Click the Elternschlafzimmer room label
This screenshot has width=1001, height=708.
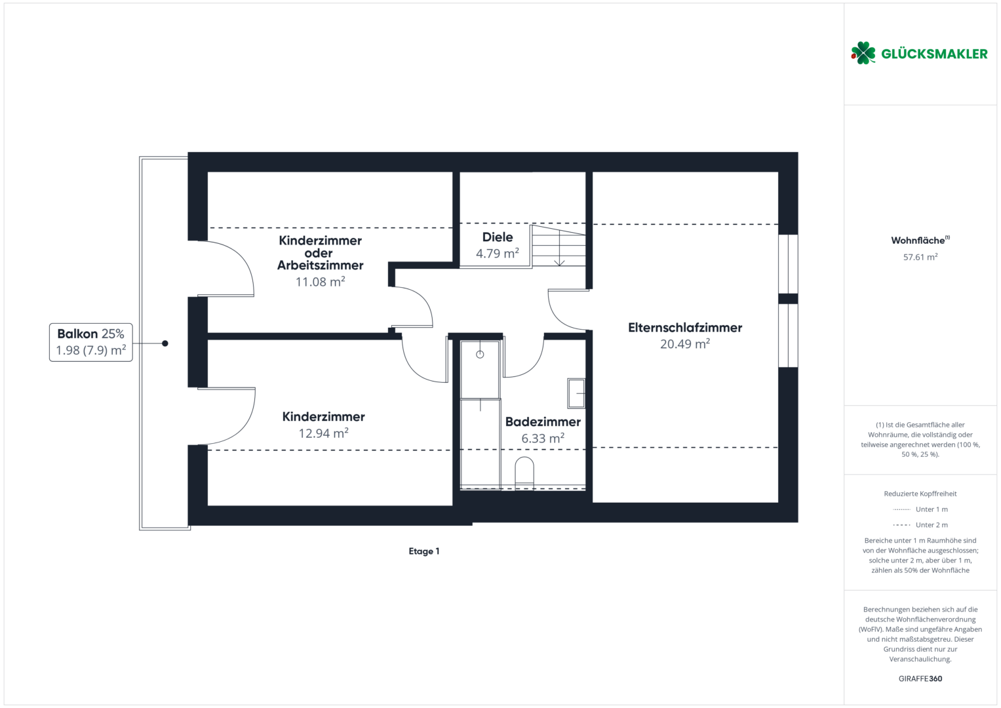tap(684, 328)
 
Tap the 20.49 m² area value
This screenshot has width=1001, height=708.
tap(684, 344)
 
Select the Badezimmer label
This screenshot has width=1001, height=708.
tap(543, 422)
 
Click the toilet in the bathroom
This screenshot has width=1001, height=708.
tap(524, 471)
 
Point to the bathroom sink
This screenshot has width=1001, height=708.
tap(576, 393)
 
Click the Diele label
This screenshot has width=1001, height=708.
tap(498, 237)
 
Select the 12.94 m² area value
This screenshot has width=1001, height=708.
tap(323, 433)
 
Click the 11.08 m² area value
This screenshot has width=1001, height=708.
tap(320, 282)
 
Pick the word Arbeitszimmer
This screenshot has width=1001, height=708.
tap(320, 265)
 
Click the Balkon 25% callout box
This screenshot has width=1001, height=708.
tap(90, 342)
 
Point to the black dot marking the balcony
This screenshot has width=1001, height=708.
tap(165, 344)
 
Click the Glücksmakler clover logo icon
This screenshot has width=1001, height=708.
tap(863, 53)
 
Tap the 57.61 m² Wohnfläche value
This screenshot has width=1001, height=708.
tap(920, 257)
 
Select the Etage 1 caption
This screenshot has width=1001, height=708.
tap(423, 551)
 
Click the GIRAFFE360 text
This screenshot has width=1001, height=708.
tap(920, 678)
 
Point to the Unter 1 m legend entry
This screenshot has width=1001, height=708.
tap(920, 509)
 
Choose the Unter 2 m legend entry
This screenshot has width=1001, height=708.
tap(920, 524)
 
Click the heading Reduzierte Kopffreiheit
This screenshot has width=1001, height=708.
tap(920, 494)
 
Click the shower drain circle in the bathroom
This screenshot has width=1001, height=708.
tap(480, 355)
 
